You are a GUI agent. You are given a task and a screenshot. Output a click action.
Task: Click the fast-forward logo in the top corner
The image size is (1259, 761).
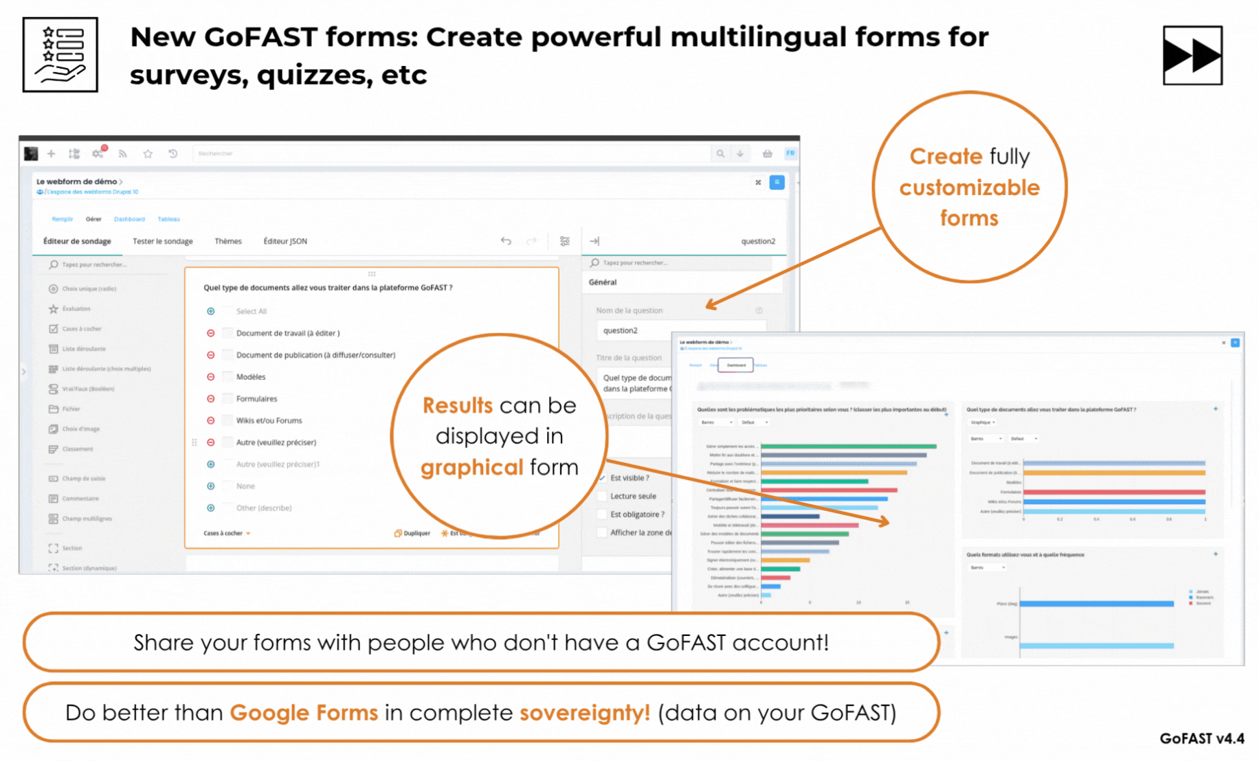(1192, 55)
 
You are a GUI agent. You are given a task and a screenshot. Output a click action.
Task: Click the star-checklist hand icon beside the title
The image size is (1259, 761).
(60, 55)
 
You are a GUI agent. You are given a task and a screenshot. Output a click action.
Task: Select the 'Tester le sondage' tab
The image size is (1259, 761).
(162, 241)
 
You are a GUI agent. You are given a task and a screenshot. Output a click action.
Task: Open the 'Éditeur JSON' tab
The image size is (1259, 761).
(285, 241)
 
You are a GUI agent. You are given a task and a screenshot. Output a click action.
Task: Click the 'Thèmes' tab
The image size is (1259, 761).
(227, 241)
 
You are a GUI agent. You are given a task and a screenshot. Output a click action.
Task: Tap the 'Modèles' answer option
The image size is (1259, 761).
(251, 377)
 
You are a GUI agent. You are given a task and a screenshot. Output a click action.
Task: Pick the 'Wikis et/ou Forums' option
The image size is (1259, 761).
(269, 420)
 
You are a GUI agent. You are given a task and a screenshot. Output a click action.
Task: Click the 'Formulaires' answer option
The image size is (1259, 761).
(256, 399)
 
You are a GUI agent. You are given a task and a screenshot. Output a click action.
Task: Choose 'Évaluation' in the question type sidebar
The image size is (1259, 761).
(76, 309)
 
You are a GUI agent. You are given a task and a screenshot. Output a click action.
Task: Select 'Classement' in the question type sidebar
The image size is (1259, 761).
(77, 449)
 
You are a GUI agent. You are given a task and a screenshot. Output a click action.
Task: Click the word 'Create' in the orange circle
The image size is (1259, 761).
(946, 157)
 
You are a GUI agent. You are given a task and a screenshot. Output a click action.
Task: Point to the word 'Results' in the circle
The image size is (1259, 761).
(457, 405)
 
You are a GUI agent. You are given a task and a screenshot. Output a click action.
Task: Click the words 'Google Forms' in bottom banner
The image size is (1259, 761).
(304, 712)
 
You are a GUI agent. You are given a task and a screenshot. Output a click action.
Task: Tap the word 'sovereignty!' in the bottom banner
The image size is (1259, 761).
(584, 712)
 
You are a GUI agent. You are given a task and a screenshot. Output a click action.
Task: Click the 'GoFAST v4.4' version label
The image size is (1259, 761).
(1201, 738)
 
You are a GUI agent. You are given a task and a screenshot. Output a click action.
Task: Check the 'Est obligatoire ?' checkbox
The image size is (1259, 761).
(603, 514)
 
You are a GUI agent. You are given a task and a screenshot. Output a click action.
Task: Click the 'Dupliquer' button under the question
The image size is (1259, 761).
(412, 533)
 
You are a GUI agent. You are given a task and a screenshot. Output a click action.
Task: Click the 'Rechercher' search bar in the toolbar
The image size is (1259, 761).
(447, 154)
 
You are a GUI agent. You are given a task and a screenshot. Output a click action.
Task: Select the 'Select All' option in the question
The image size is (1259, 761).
(251, 312)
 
